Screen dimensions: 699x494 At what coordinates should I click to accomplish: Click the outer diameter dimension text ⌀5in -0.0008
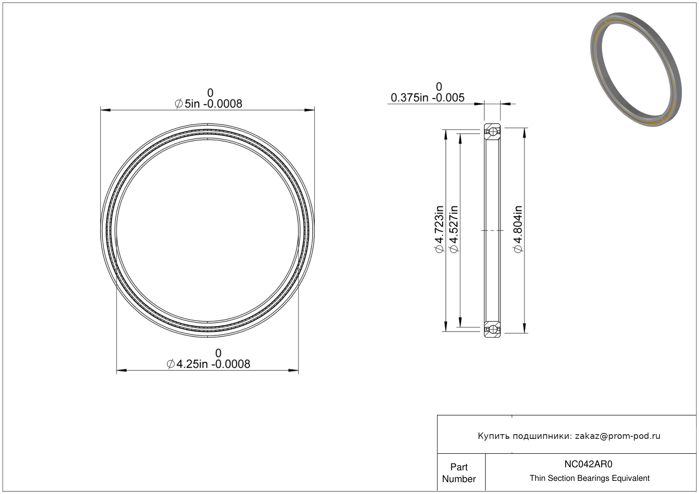tap(209, 104)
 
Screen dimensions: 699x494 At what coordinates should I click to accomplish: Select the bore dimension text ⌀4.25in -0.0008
tap(209, 364)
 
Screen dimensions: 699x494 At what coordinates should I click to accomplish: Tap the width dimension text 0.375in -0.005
tap(428, 98)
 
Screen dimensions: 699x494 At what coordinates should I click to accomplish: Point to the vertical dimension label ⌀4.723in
tap(439, 229)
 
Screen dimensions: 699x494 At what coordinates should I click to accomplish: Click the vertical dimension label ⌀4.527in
tap(454, 229)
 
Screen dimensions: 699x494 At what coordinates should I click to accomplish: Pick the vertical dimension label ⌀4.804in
tap(518, 229)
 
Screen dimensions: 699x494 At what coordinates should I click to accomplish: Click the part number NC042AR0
tap(588, 464)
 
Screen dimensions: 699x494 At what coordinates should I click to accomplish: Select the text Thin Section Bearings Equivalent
tap(589, 478)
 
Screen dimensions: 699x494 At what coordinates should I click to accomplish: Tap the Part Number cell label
tap(459, 473)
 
